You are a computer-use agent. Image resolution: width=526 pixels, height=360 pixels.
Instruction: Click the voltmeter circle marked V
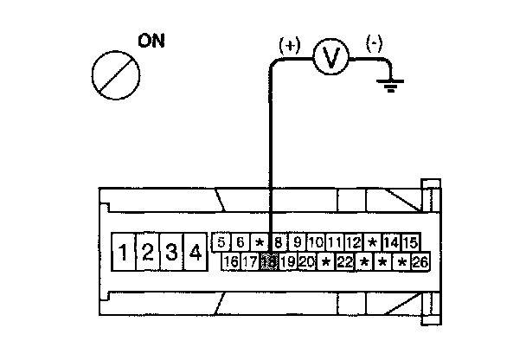330,58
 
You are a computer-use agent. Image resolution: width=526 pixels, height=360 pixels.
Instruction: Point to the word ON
151,41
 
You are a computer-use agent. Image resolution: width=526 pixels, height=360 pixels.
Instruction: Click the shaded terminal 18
268,261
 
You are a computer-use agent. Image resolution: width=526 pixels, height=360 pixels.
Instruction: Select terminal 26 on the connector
420,261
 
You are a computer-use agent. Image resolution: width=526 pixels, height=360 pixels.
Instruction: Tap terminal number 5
221,242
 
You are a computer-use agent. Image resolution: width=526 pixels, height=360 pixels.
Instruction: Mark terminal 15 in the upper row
410,242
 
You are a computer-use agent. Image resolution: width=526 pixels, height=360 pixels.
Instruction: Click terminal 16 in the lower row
230,261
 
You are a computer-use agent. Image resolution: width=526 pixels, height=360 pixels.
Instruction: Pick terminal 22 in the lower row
344,261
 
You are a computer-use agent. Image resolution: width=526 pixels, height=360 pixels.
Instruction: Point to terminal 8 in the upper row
278,242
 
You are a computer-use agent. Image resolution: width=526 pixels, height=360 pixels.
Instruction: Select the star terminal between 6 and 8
259,242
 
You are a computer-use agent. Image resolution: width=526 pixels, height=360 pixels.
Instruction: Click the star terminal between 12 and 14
372,242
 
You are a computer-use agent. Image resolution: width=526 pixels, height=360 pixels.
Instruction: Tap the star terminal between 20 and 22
325,261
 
